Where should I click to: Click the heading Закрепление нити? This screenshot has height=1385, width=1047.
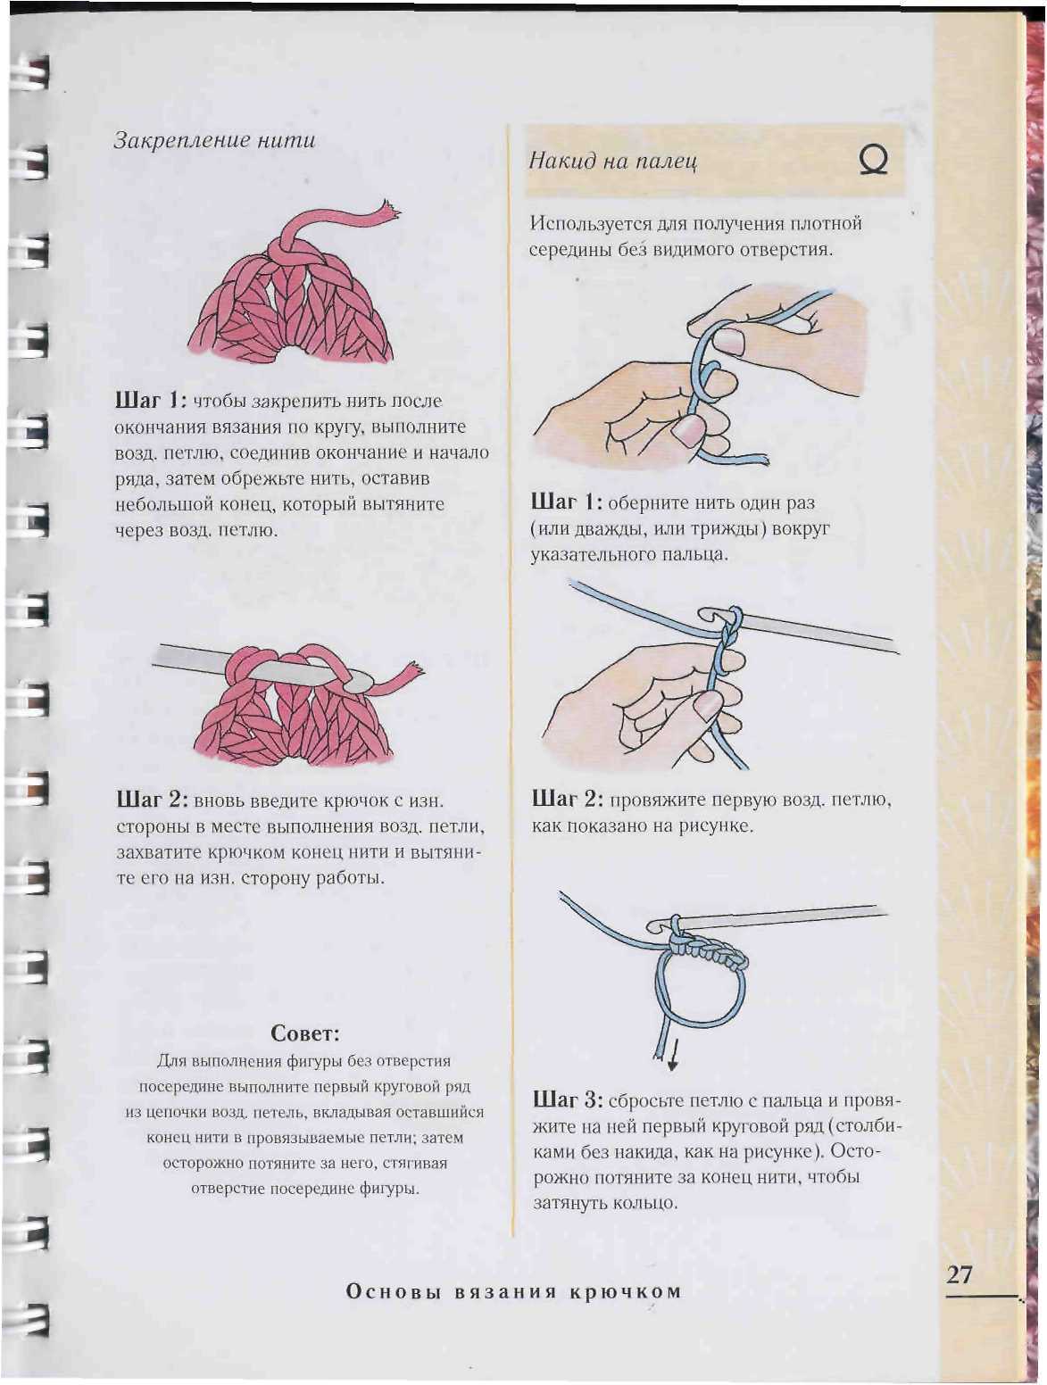[214, 140]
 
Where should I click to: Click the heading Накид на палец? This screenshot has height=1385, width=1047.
[613, 162]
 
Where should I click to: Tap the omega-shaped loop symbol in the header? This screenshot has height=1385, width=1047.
[874, 161]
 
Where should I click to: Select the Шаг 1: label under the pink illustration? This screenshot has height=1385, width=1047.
[150, 400]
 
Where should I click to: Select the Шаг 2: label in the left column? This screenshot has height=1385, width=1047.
[152, 800]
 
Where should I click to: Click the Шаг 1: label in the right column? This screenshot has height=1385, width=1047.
[567, 502]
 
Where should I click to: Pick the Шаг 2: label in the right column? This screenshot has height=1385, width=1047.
[568, 799]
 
